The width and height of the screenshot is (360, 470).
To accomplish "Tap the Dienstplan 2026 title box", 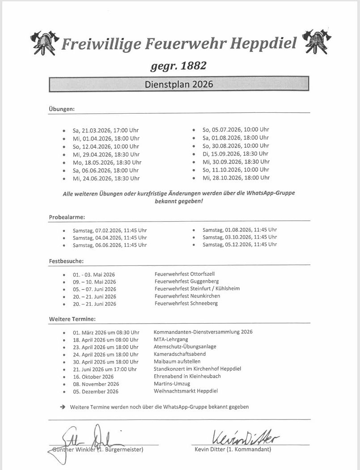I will coord(178,84).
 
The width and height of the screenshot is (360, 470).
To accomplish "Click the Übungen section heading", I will coord(62,109).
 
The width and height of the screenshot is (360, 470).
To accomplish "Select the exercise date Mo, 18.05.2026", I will coord(107,162).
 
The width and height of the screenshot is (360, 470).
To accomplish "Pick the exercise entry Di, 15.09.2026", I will coord(235,154).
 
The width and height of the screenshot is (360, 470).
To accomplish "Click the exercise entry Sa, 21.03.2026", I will coord(106,130).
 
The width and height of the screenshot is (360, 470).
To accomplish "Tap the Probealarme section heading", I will coord(67,217).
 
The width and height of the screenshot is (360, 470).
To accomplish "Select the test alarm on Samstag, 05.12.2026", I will coord(239,244).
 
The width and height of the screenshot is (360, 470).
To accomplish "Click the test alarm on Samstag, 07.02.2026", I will coord(110,231).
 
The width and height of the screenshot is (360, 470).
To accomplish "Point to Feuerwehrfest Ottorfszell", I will coord(187,273).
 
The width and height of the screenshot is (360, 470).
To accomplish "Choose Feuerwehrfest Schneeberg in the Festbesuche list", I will coord(186,303).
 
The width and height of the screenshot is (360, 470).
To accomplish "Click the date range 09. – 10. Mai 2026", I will coord(94,282).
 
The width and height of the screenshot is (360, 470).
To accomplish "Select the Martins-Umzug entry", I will coord(172,384).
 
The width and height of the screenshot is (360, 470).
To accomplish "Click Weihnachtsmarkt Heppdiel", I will coord(186,391).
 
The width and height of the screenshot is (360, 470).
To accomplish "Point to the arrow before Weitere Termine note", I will coord(62,407).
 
